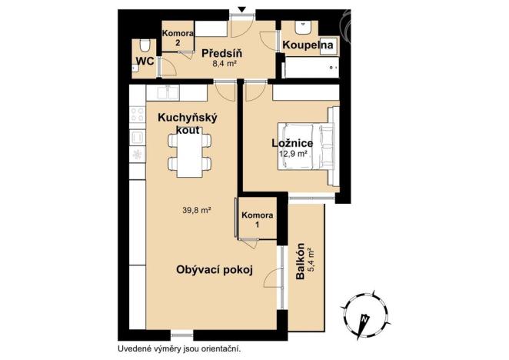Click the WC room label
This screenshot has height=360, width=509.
144,60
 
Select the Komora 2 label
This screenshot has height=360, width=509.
176,38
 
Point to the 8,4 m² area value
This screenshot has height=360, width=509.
224,65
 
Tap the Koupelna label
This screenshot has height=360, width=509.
308,46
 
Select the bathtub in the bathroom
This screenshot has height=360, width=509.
312,68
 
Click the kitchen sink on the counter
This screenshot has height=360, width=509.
169,92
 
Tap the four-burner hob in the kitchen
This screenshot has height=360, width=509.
138,114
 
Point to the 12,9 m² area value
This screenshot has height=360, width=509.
294,154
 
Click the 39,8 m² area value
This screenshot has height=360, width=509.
197,208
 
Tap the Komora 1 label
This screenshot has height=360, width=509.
256,218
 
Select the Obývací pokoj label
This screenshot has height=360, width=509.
215,270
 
